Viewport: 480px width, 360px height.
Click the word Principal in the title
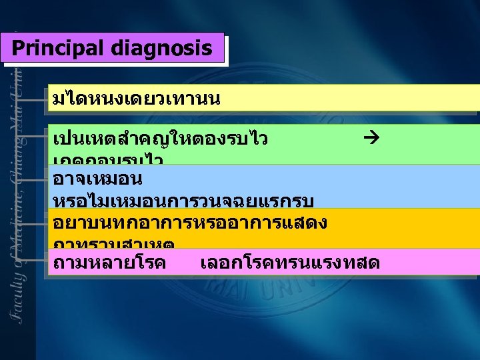pos(59,49)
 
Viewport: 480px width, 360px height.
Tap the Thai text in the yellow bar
pos(136,100)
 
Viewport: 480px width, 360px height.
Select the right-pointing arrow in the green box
pos(372,139)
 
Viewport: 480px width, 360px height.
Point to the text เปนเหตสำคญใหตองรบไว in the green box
pos(160,139)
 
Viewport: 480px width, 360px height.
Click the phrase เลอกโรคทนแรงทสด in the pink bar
pos(290,263)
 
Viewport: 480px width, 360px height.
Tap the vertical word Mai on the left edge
pos(22,107)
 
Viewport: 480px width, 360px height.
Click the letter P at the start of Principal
pos(17,49)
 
